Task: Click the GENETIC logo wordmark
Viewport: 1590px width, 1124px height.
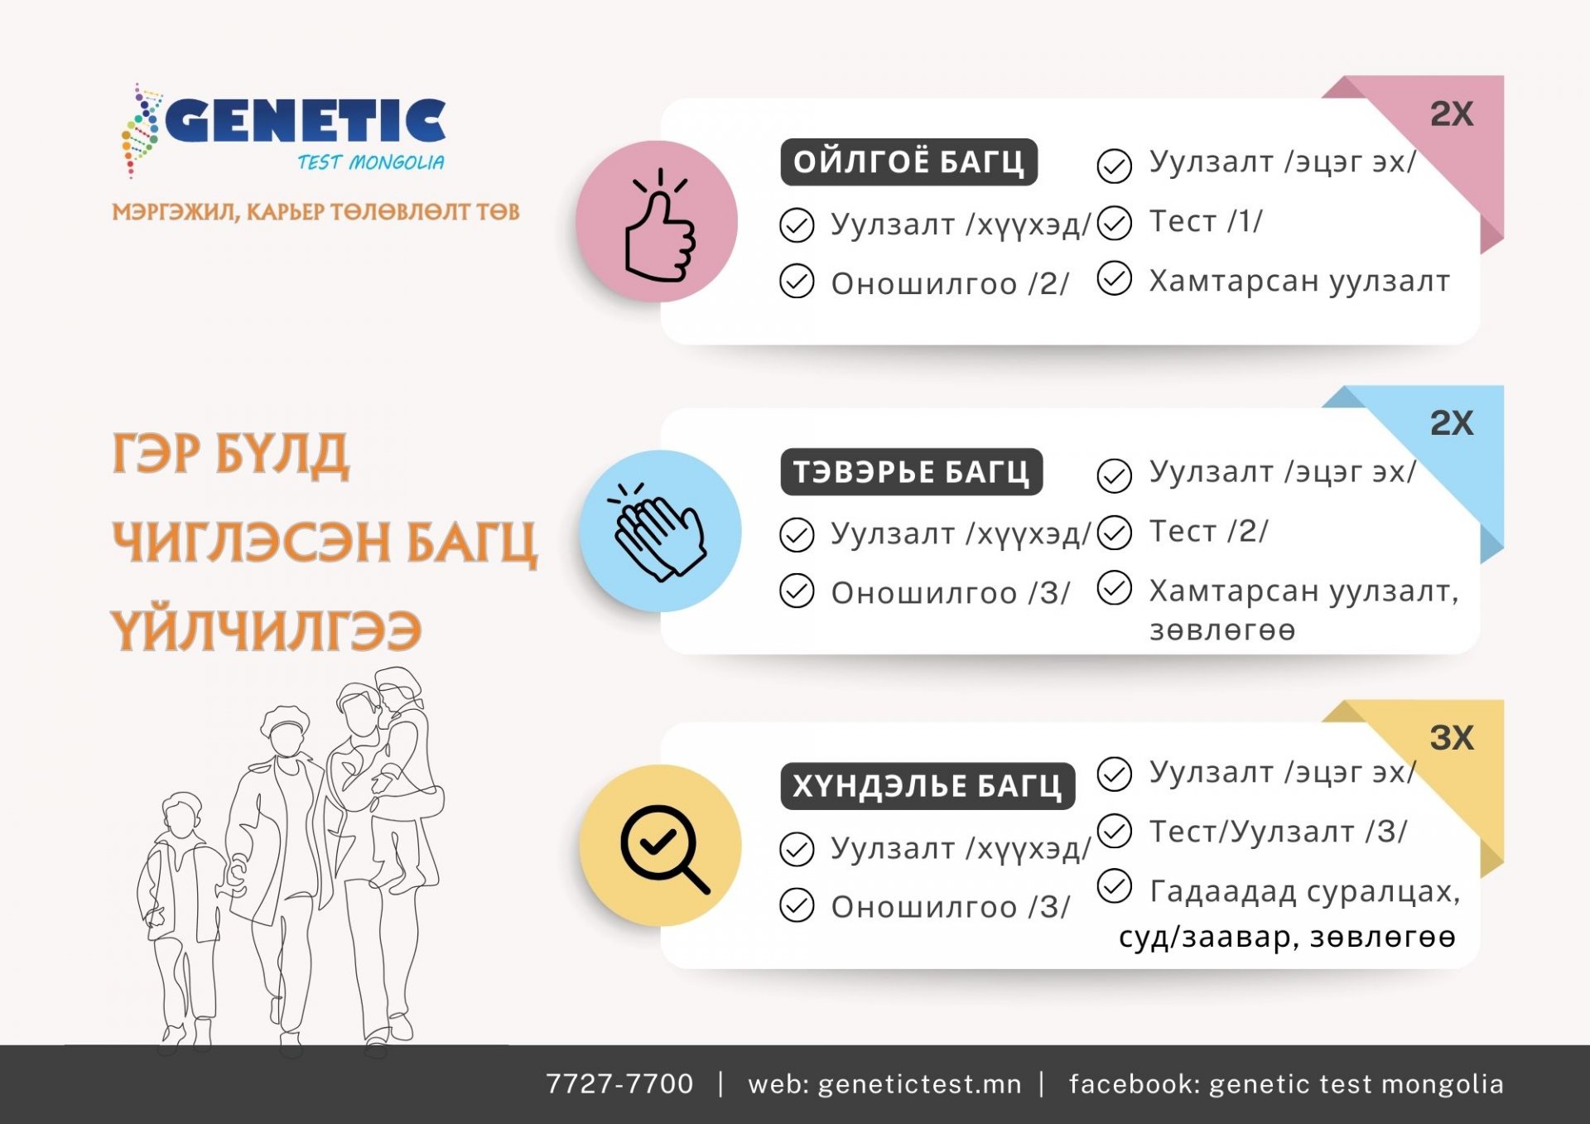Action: point(306,121)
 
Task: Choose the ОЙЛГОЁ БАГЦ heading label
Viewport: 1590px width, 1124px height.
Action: point(908,162)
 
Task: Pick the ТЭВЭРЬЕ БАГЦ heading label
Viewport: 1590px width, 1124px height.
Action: point(911,472)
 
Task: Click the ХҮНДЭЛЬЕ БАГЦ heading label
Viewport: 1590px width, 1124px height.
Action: point(927,785)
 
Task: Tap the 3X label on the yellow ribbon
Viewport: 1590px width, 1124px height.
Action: point(1452,738)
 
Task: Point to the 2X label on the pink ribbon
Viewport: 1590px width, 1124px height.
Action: point(1452,114)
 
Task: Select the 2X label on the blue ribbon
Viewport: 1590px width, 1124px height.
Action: point(1452,423)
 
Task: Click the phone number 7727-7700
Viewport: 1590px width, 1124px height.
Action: point(619,1083)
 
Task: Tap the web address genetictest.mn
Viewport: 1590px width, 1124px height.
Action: point(919,1084)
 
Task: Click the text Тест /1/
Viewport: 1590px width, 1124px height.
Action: point(1206,222)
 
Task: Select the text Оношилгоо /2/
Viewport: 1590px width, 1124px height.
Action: point(950,283)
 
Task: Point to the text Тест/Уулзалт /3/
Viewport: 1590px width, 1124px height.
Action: point(1278,832)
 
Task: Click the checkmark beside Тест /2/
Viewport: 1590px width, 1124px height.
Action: point(1115,533)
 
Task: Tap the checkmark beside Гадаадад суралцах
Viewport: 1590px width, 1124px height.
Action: point(1115,885)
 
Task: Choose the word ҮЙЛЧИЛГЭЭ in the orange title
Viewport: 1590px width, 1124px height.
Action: point(267,631)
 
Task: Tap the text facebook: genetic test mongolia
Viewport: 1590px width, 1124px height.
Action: point(1286,1084)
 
